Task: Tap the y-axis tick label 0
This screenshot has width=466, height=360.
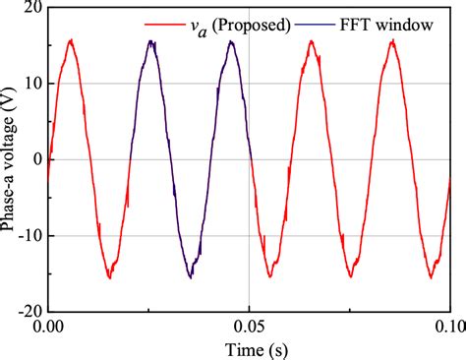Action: coord(30,159)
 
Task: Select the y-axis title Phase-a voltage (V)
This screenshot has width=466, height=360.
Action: coord(9,160)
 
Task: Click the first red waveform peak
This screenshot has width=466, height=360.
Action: coord(71,40)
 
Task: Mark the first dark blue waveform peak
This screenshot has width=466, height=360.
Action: coord(150,41)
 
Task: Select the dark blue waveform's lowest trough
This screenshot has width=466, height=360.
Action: coord(191,276)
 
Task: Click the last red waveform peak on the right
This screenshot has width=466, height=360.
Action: coord(391,40)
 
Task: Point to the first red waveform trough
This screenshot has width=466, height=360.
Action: coord(110,277)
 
